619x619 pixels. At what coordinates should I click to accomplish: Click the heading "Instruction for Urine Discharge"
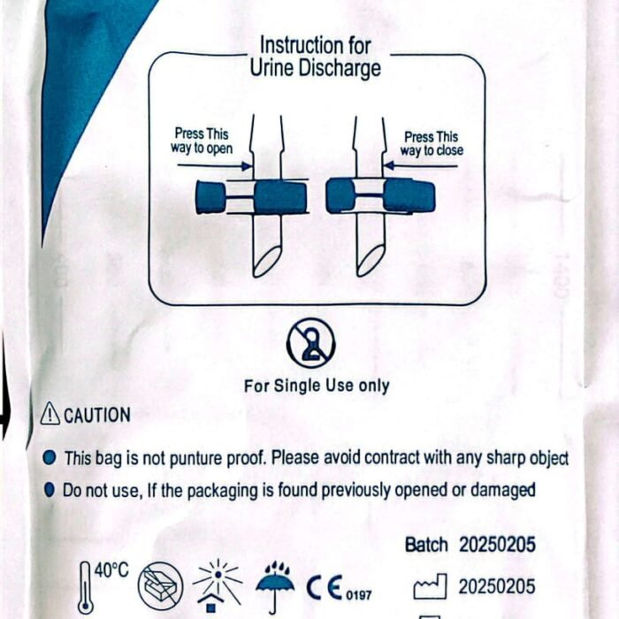tap(315, 57)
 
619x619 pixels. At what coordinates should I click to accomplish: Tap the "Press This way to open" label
tap(202, 141)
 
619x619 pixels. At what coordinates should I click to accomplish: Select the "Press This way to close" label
tap(432, 143)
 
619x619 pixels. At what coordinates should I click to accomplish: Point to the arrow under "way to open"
tap(215, 165)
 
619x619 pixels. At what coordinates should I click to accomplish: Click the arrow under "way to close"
tap(420, 166)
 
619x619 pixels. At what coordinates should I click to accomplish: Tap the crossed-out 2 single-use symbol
tap(311, 343)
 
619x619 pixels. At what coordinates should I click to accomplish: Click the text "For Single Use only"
tap(317, 386)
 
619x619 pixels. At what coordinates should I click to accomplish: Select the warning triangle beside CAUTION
tap(50, 413)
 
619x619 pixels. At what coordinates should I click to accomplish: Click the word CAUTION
tap(97, 416)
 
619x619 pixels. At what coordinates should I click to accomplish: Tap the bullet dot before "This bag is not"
tap(49, 458)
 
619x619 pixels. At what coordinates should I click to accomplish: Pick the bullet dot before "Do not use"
tap(49, 490)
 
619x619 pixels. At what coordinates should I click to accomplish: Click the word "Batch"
tap(426, 545)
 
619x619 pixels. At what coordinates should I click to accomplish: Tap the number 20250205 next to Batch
tap(497, 545)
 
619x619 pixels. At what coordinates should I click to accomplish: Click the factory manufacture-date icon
tap(431, 587)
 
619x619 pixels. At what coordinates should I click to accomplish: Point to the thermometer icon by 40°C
tap(85, 587)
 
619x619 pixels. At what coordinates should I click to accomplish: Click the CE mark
tap(325, 588)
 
